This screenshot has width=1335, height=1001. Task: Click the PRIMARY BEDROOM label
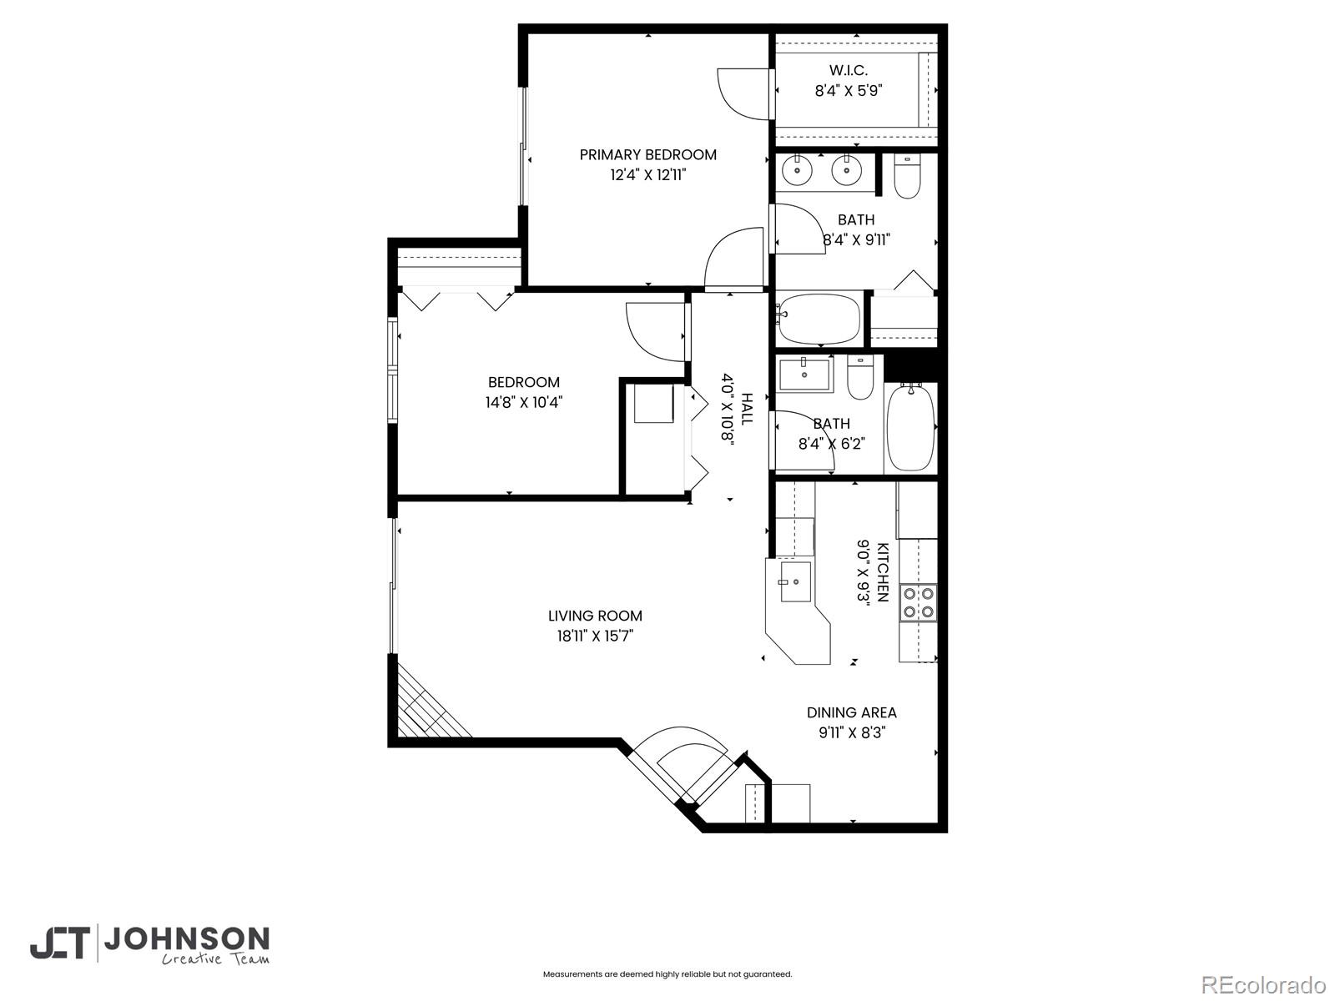point(647,154)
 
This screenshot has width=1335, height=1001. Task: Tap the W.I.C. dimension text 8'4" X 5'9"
point(849,91)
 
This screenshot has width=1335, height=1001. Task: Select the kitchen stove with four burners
point(918,602)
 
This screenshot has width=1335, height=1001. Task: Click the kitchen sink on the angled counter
point(794,581)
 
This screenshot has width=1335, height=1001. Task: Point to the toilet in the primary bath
point(906,178)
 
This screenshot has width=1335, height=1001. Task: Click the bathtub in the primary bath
point(819,318)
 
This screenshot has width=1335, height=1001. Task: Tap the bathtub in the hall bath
point(910,426)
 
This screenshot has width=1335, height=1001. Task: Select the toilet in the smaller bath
point(859,379)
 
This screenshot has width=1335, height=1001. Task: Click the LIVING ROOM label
point(595,616)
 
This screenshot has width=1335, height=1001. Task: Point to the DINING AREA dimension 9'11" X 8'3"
point(851,733)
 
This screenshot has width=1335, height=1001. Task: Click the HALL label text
point(746,409)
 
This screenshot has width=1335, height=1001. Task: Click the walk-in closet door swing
point(741,94)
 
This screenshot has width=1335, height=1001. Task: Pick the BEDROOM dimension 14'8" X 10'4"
point(524,402)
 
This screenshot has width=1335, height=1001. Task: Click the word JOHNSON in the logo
point(185,940)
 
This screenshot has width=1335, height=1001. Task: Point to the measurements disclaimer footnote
point(667,973)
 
